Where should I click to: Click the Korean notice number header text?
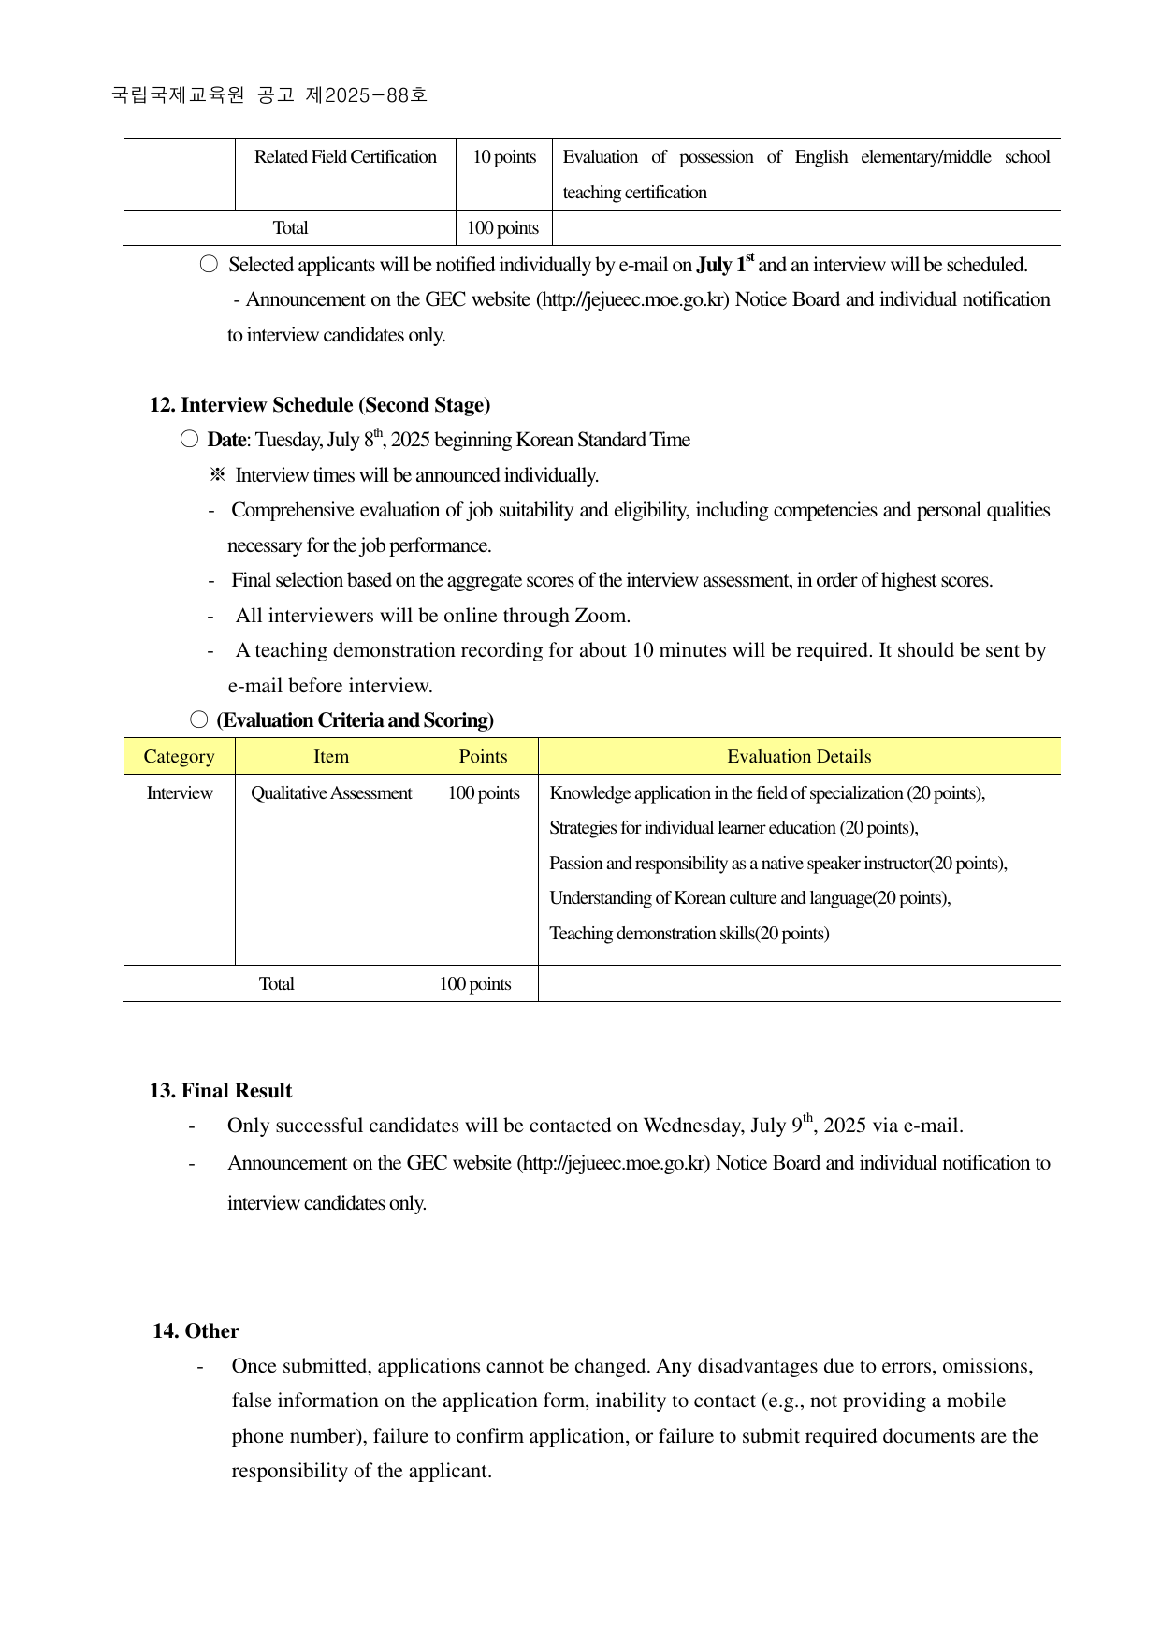(269, 94)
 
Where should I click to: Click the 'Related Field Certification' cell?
(345, 157)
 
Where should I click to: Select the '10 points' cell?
(504, 157)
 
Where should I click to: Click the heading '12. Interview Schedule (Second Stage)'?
(320, 405)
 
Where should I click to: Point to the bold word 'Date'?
(226, 440)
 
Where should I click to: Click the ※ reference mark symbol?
(217, 475)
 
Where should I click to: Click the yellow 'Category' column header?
(179, 757)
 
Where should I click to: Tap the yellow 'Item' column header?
(331, 757)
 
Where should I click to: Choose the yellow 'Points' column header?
(483, 757)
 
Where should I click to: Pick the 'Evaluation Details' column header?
(799, 757)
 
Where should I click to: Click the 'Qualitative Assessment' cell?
(331, 793)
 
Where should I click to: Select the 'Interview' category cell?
(179, 793)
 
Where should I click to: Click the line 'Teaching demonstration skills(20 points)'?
(689, 934)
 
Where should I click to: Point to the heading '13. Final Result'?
(221, 1091)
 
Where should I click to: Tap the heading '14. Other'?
(196, 1331)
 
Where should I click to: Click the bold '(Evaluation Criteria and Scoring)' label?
(355, 720)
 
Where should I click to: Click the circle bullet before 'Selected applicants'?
(209, 265)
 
